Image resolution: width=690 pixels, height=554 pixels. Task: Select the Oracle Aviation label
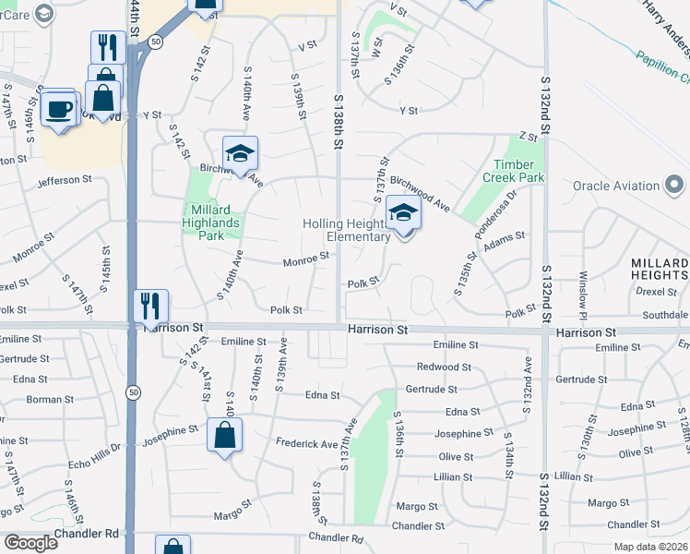coord(616,186)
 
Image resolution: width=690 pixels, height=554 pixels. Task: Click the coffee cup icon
coord(61,108)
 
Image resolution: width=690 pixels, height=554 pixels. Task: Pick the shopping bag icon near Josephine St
coord(225,436)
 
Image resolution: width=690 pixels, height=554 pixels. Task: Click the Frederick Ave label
coord(306,444)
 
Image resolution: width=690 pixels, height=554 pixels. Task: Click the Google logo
coord(31,543)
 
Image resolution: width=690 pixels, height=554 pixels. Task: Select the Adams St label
coord(505,236)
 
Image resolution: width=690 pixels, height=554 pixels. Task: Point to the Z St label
coord(528,136)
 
